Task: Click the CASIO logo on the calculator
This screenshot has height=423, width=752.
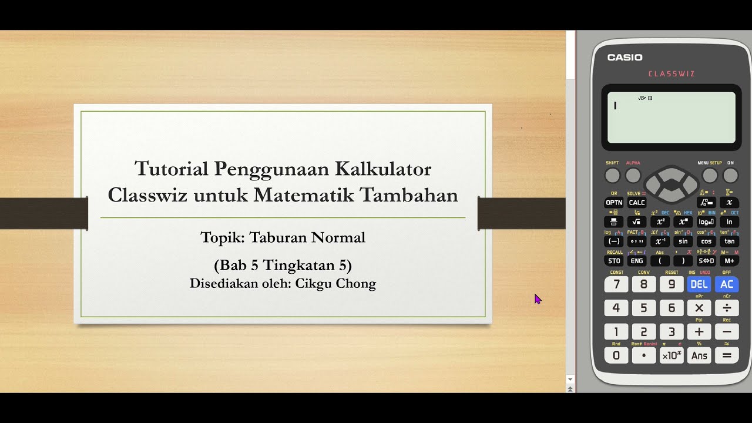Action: tap(625, 58)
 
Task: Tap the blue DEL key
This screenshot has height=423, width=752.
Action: tap(699, 284)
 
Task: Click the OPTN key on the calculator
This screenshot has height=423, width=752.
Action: tap(613, 202)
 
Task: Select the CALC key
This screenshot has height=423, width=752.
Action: tap(637, 202)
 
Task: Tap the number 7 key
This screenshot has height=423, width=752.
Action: tap(616, 284)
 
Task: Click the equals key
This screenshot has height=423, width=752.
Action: tap(727, 355)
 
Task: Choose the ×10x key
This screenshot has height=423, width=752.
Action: tap(672, 355)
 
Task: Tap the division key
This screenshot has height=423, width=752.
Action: tap(727, 308)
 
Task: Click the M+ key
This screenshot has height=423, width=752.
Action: tap(729, 261)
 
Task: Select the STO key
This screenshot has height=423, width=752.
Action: tap(613, 261)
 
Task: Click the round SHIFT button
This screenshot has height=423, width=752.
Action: tap(612, 176)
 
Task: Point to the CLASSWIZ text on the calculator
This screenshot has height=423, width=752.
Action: tap(672, 74)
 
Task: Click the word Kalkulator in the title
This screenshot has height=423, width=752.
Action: tap(383, 169)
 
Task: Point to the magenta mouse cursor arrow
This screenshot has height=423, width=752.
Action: tap(537, 298)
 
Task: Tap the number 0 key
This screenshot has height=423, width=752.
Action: tap(616, 355)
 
